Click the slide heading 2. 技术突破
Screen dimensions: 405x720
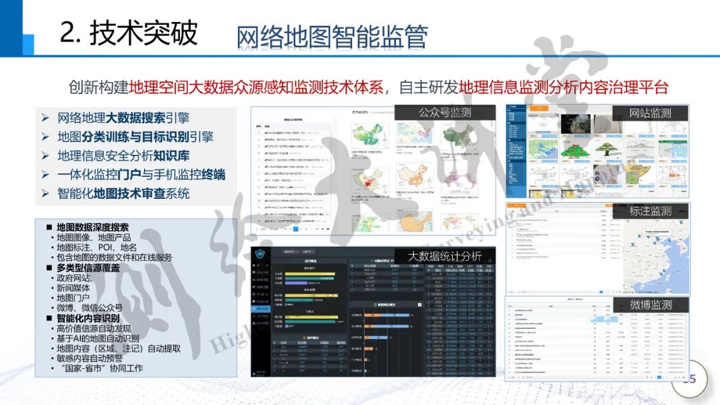coord(129,33)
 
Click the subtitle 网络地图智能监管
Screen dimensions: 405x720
coord(331,38)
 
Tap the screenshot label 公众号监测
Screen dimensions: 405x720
coord(445,113)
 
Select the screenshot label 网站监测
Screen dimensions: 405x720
coord(650,113)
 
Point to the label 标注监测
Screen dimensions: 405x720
coord(650,211)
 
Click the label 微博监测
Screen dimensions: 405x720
coord(650,304)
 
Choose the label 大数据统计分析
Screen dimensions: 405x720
coord(445,256)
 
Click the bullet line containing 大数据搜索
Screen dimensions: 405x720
coord(123,118)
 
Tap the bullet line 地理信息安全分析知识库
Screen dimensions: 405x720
coord(123,156)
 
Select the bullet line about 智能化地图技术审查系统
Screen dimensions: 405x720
coord(123,193)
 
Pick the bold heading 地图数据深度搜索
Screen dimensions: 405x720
coord(93,228)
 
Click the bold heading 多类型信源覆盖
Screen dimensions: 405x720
coord(88,268)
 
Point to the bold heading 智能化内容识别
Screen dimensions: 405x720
coord(88,318)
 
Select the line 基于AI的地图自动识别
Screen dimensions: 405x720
coord(98,338)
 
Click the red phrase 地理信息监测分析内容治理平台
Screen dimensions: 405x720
coord(563,87)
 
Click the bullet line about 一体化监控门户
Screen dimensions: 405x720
coord(141,175)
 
